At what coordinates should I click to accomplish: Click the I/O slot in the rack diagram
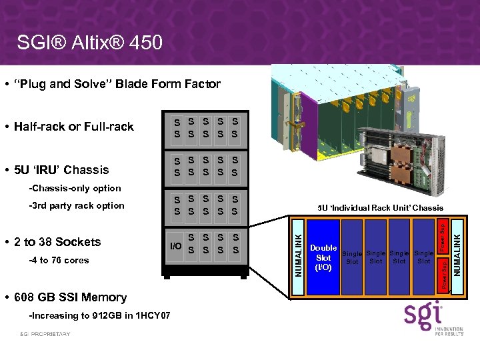(175, 246)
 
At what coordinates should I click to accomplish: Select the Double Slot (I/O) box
(323, 257)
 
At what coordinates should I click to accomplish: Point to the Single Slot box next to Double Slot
(353, 257)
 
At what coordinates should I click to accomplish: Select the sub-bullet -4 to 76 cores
(59, 261)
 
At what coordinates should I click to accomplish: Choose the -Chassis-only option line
(76, 189)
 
